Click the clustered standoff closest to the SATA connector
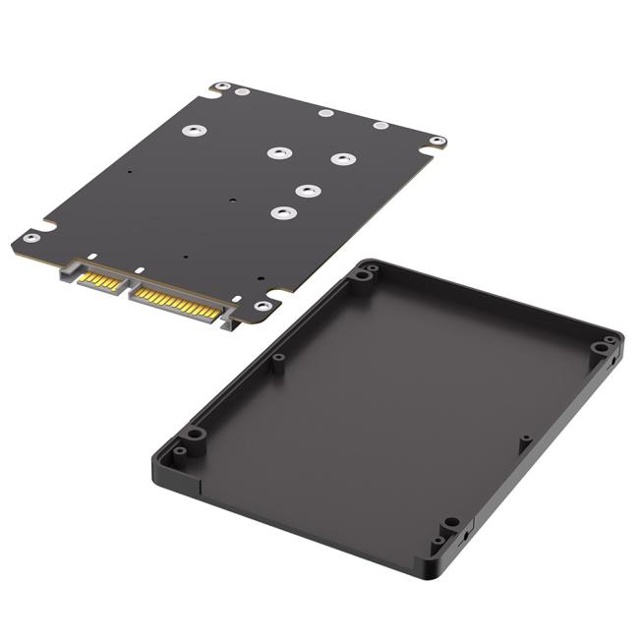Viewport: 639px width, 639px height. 283,211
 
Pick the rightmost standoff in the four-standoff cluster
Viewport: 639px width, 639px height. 341,158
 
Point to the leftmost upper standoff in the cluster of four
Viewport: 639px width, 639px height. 279,152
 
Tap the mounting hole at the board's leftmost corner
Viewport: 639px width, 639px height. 30,238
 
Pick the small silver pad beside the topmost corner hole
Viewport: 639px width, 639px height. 242,92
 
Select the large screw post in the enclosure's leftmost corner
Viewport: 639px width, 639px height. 196,434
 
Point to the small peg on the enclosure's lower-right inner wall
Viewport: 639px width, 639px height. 526,437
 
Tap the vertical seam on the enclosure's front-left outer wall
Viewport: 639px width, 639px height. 202,484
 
